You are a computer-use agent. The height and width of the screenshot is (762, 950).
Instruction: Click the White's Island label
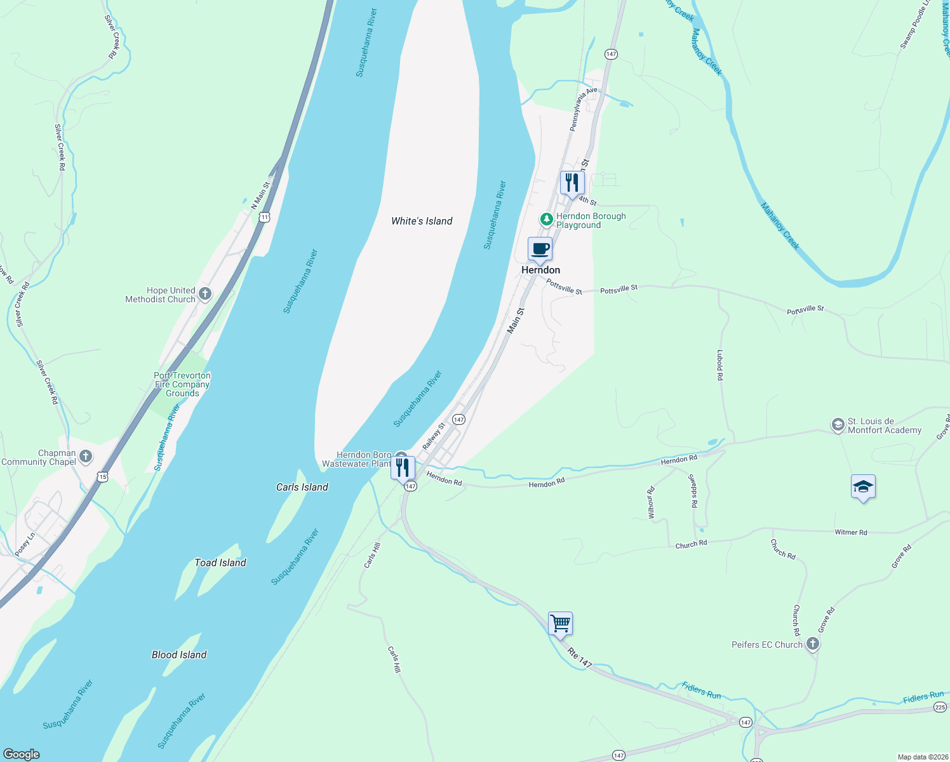pyautogui.click(x=422, y=221)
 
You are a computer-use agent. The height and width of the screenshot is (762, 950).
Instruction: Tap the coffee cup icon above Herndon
pyautogui.click(x=540, y=249)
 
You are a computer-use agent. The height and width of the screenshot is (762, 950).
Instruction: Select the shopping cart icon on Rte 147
pyautogui.click(x=560, y=623)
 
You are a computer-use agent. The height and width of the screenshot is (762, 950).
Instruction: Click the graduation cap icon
pyautogui.click(x=863, y=487)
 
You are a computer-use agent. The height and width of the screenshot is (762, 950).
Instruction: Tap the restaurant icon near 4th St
pyautogui.click(x=572, y=183)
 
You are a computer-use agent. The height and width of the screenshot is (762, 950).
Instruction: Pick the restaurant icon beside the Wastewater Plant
pyautogui.click(x=403, y=468)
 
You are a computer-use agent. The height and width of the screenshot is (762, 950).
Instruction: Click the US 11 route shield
pyautogui.click(x=265, y=217)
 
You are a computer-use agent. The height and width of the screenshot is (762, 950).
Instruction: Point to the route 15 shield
pyautogui.click(x=103, y=476)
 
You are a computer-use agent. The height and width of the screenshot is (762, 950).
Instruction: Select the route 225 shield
pyautogui.click(x=939, y=707)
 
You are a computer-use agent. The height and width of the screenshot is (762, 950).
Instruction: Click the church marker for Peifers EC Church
pyautogui.click(x=812, y=645)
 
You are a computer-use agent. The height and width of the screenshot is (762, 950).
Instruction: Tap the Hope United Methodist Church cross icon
pyautogui.click(x=204, y=293)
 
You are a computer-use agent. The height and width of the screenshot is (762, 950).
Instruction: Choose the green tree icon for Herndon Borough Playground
pyautogui.click(x=546, y=219)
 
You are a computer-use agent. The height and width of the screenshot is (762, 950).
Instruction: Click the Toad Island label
pyautogui.click(x=220, y=563)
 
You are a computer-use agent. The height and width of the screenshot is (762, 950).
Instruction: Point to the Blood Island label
pyautogui.click(x=179, y=655)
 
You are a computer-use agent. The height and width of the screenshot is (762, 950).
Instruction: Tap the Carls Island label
pyautogui.click(x=302, y=487)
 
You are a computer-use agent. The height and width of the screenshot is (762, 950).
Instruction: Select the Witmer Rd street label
pyautogui.click(x=850, y=532)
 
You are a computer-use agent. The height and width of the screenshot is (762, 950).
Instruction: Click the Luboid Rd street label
pyautogui.click(x=720, y=365)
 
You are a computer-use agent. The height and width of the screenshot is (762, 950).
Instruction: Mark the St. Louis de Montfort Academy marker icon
pyautogui.click(x=838, y=424)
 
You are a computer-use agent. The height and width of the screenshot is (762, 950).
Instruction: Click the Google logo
pyautogui.click(x=21, y=754)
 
